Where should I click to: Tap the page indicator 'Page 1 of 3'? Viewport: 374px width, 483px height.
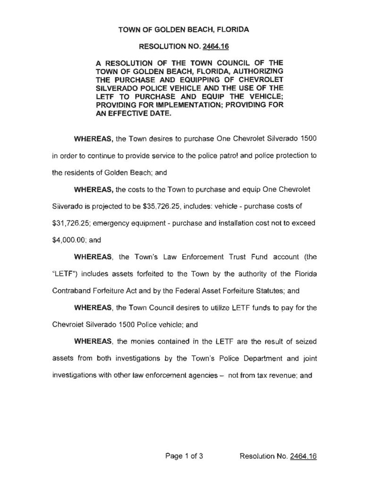tap(184, 456)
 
